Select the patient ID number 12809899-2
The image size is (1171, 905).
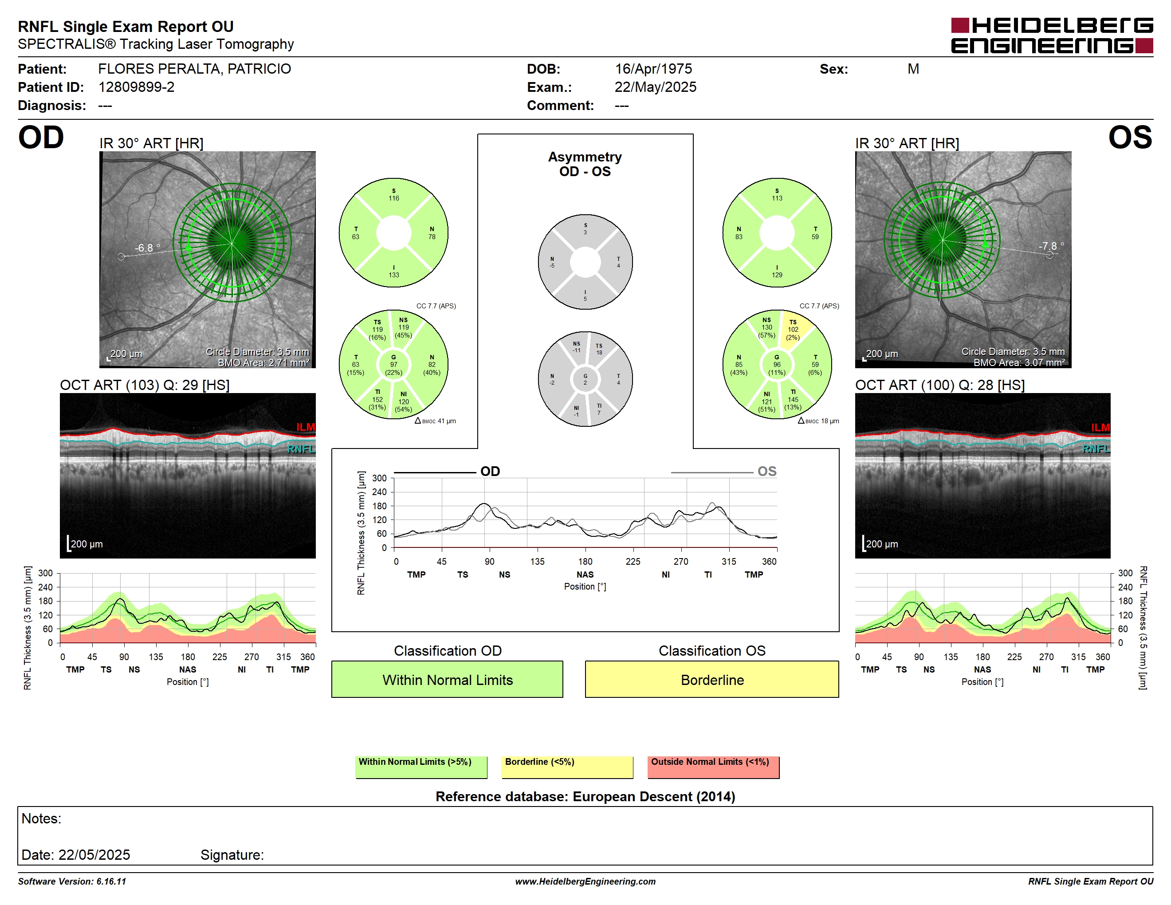pyautogui.click(x=136, y=87)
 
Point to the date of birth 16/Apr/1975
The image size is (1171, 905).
pyautogui.click(x=653, y=69)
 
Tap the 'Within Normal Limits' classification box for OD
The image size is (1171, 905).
pyautogui.click(x=447, y=679)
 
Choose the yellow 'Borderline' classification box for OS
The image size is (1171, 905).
pyautogui.click(x=711, y=679)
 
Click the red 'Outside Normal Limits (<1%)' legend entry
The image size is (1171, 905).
pyautogui.click(x=713, y=767)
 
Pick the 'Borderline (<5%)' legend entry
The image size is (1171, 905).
pyautogui.click(x=567, y=767)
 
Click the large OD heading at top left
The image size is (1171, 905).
pyautogui.click(x=41, y=138)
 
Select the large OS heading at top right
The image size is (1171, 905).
pyautogui.click(x=1130, y=138)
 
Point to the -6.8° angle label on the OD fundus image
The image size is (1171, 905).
pyautogui.click(x=147, y=248)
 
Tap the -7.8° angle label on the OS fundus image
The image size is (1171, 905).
pyautogui.click(x=1051, y=246)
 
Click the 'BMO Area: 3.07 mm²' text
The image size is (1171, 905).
pyautogui.click(x=1019, y=362)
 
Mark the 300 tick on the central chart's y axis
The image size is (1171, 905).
pyautogui.click(x=379, y=478)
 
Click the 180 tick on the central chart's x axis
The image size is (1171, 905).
pyautogui.click(x=585, y=561)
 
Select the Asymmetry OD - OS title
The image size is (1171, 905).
pyautogui.click(x=585, y=164)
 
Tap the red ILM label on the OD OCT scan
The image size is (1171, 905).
pyautogui.click(x=306, y=427)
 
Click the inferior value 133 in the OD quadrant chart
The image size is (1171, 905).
pyautogui.click(x=393, y=275)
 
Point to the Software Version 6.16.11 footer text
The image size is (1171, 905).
pyautogui.click(x=72, y=881)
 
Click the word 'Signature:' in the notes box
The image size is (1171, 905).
pyautogui.click(x=232, y=854)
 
